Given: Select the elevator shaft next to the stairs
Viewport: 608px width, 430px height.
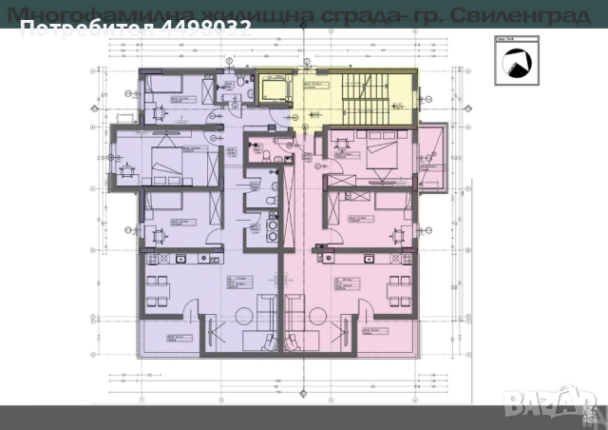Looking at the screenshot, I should pos(272,91).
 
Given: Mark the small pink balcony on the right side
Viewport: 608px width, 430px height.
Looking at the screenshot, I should pos(433,157).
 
